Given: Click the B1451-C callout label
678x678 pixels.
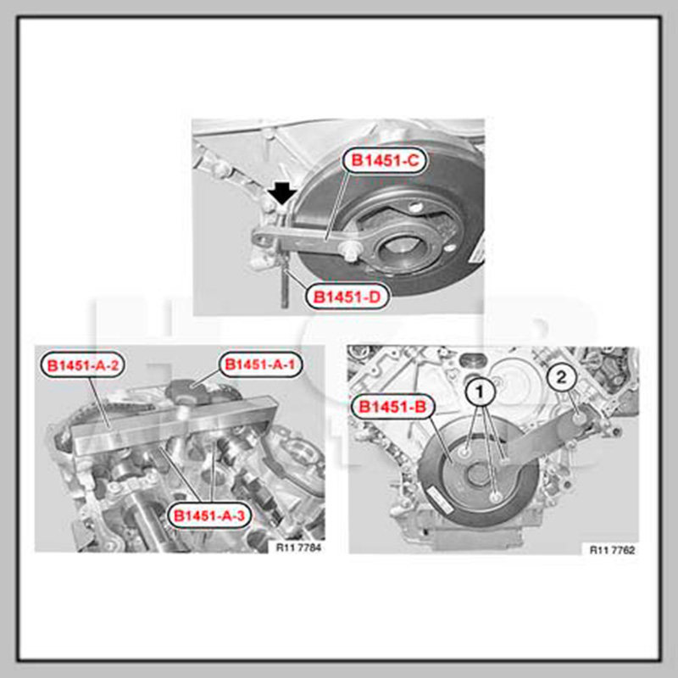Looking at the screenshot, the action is [385, 160].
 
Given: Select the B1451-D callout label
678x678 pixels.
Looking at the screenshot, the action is [347, 297].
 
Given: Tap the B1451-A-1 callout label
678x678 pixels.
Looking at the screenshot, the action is [260, 364].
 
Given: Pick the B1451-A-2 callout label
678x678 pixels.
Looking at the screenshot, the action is [82, 365].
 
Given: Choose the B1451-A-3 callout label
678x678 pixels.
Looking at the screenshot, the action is [208, 515].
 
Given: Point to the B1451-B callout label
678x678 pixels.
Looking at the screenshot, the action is [392, 407].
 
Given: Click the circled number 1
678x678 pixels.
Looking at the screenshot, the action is [480, 392].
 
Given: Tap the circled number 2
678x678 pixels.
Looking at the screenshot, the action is [561, 378].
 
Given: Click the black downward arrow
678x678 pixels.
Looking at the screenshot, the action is [283, 193].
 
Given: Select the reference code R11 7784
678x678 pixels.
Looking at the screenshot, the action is [299, 547].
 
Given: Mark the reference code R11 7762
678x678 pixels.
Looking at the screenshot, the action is [612, 549].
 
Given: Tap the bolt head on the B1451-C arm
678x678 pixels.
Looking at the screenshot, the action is [351, 250].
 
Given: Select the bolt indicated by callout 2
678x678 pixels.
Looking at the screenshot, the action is [579, 418].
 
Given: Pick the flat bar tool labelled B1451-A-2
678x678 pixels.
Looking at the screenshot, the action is [175, 425].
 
